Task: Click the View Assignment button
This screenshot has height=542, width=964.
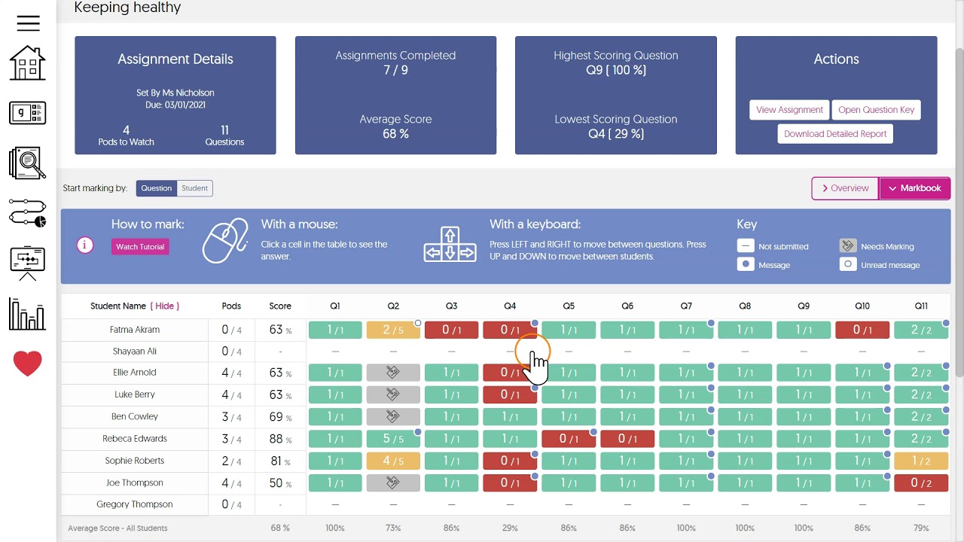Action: [x=789, y=110]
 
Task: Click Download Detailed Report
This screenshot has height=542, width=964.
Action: [x=834, y=134]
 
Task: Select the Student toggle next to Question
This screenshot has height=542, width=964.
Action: [x=194, y=188]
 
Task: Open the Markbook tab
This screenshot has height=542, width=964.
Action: [x=914, y=188]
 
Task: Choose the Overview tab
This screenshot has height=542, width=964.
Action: [x=845, y=188]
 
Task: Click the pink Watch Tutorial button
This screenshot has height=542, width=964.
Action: [x=140, y=247]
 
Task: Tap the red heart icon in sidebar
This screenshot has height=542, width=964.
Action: [x=28, y=364]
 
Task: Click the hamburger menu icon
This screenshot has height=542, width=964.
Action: [x=28, y=23]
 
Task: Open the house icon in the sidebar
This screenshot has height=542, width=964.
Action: [x=28, y=62]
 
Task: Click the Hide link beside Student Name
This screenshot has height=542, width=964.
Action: [x=165, y=306]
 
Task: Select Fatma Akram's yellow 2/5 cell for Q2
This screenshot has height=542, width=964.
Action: [x=393, y=330]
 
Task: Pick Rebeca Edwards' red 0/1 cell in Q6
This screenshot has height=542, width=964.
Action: [x=627, y=439]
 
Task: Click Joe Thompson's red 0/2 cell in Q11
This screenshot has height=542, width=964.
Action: [x=920, y=483]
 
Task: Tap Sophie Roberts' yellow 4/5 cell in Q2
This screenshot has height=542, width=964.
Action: [x=393, y=461]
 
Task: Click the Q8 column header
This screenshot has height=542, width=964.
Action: [x=745, y=306]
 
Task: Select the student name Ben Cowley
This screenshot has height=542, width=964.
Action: [x=135, y=416]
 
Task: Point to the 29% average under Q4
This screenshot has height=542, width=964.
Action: [x=510, y=528]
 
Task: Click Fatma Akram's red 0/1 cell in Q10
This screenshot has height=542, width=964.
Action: [x=862, y=330]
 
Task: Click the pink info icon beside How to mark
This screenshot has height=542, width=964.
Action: [x=85, y=245]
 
